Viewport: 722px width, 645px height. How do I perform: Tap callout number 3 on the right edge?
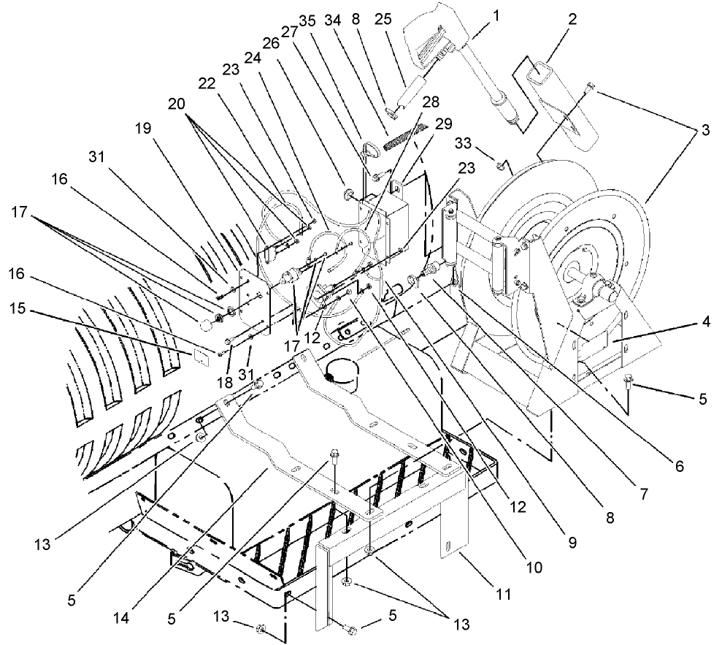(x=704, y=131)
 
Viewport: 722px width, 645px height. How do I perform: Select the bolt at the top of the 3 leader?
(x=591, y=89)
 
